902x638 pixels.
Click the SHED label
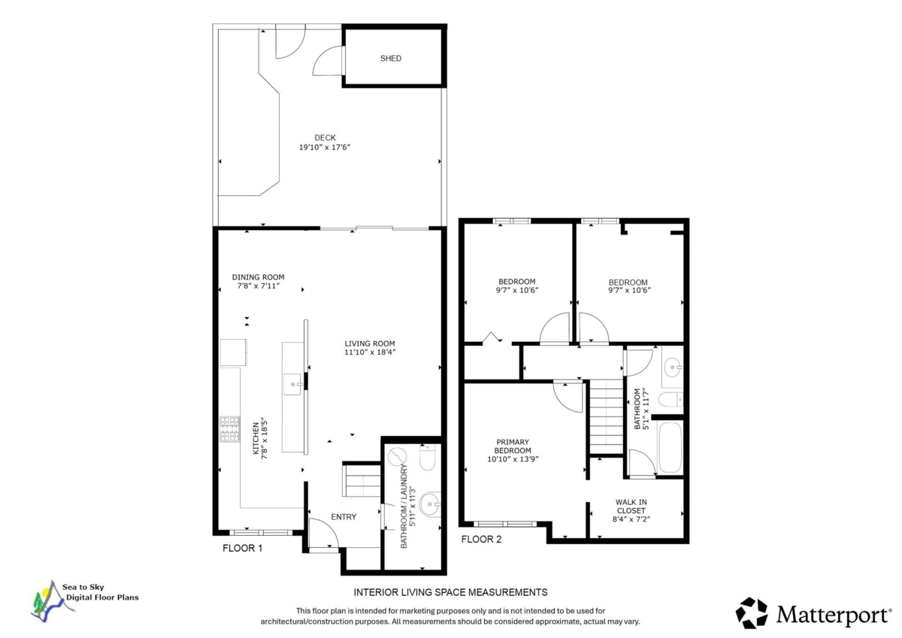391,58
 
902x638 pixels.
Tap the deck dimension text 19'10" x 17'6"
325,148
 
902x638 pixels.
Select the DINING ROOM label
258,277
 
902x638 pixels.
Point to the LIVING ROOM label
370,343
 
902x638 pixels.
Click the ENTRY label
344,517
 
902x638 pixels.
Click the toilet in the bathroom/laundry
427,458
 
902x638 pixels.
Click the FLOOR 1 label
242,549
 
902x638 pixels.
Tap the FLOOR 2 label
480,539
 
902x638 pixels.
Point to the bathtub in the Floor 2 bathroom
667,448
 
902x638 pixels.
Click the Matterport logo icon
751,612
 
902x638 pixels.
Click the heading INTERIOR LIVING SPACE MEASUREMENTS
450,592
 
